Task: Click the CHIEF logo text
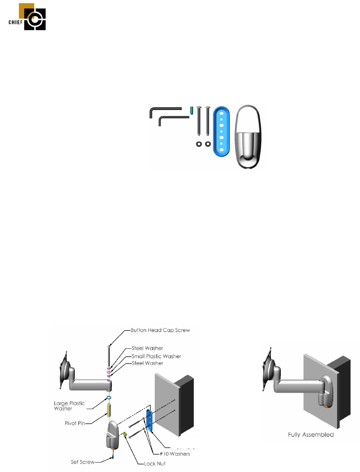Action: click(16, 22)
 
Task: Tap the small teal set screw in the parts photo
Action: click(191, 110)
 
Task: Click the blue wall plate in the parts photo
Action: click(221, 131)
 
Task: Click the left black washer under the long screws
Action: click(199, 144)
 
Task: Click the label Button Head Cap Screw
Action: click(160, 330)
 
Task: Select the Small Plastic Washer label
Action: click(156, 356)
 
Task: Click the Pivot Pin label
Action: click(75, 423)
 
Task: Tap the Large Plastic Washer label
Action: click(69, 406)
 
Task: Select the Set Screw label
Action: click(82, 462)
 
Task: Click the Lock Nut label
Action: click(155, 464)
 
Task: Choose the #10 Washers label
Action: click(175, 454)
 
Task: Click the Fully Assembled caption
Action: click(311, 435)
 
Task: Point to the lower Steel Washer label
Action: click(147, 363)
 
